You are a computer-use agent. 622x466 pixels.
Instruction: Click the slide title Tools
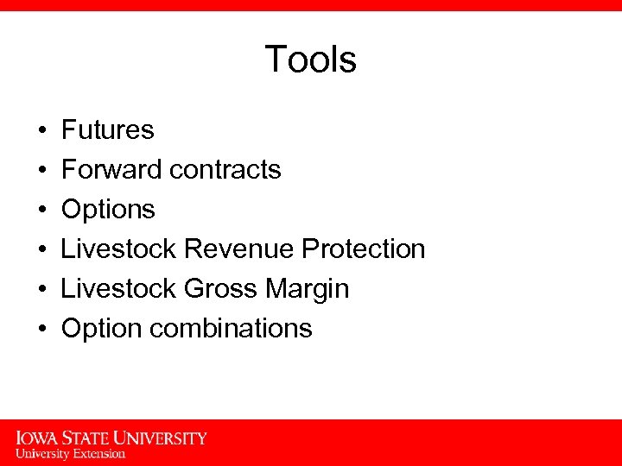coord(310,60)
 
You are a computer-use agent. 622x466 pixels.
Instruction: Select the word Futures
coord(108,130)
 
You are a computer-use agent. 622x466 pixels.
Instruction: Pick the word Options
coord(109,210)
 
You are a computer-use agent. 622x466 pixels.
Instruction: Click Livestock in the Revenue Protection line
coord(119,249)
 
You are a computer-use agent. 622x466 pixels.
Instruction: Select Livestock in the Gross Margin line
coord(119,289)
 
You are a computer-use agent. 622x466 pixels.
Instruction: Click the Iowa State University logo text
coord(111,438)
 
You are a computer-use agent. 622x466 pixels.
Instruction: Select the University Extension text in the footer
coord(71,454)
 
